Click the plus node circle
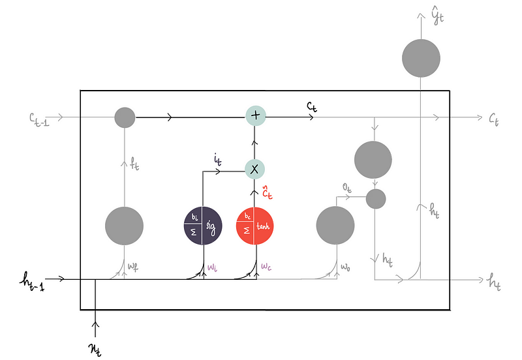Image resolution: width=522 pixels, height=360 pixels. click(255, 116)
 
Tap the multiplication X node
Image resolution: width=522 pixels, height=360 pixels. click(255, 169)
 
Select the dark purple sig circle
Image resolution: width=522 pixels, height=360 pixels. click(202, 226)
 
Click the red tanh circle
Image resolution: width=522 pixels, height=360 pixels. click(255, 226)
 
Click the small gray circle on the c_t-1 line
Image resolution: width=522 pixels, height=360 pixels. click(125, 117)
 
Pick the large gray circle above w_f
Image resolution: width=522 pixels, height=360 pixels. click(124, 226)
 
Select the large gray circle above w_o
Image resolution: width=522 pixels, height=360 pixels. click(335, 226)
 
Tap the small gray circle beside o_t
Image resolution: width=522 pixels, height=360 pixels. click(375, 198)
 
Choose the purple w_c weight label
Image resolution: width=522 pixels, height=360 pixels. click(267, 267)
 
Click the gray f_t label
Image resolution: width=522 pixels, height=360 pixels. click(134, 166)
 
